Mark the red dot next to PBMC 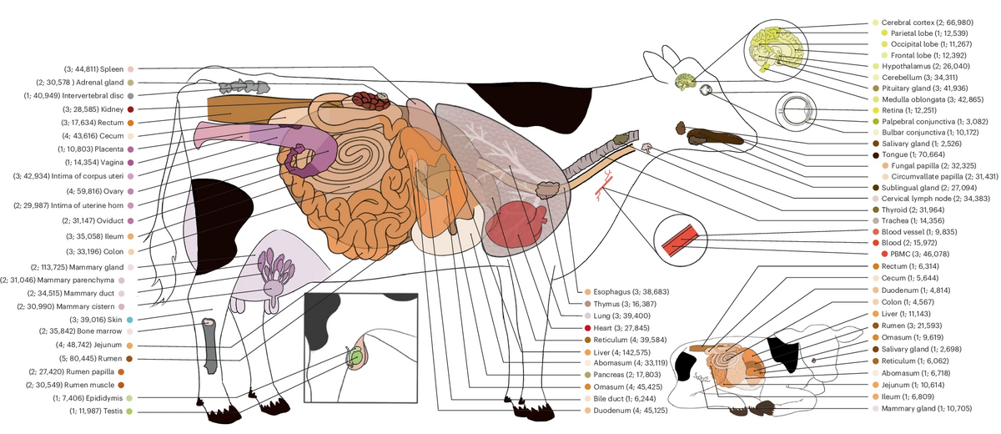(885, 252)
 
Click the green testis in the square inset (356, 356)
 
